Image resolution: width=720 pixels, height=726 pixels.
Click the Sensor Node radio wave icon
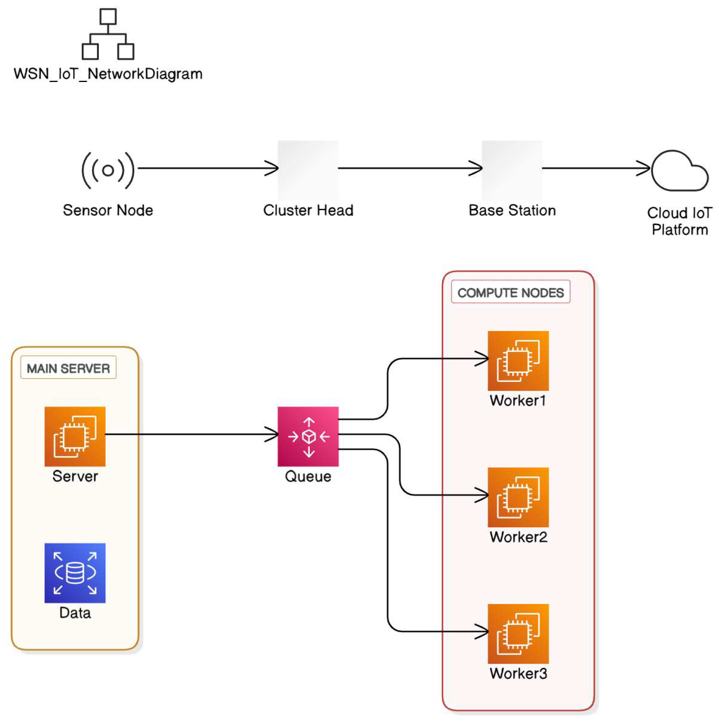(x=108, y=170)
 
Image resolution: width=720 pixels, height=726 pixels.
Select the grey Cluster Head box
(x=308, y=170)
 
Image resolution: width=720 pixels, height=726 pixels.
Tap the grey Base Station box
(x=512, y=170)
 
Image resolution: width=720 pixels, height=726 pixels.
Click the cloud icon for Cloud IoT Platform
(x=679, y=172)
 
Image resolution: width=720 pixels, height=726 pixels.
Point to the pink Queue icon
(x=308, y=436)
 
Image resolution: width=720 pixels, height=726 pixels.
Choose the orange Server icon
(x=75, y=436)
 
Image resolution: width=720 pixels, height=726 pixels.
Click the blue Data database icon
(x=75, y=573)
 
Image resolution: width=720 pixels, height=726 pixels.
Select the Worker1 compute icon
(x=518, y=361)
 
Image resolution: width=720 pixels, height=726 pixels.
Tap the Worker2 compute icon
(x=518, y=497)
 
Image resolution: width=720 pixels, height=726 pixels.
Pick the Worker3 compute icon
(x=518, y=633)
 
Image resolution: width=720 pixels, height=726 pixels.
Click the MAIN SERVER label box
(x=68, y=368)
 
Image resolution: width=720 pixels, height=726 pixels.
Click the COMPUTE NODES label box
(x=510, y=292)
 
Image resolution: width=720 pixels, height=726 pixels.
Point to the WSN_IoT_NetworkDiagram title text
(x=108, y=74)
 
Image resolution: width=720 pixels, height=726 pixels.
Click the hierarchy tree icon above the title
(x=108, y=34)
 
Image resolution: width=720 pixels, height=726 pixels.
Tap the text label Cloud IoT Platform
(x=679, y=221)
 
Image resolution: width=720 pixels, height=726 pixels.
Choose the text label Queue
(x=308, y=477)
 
